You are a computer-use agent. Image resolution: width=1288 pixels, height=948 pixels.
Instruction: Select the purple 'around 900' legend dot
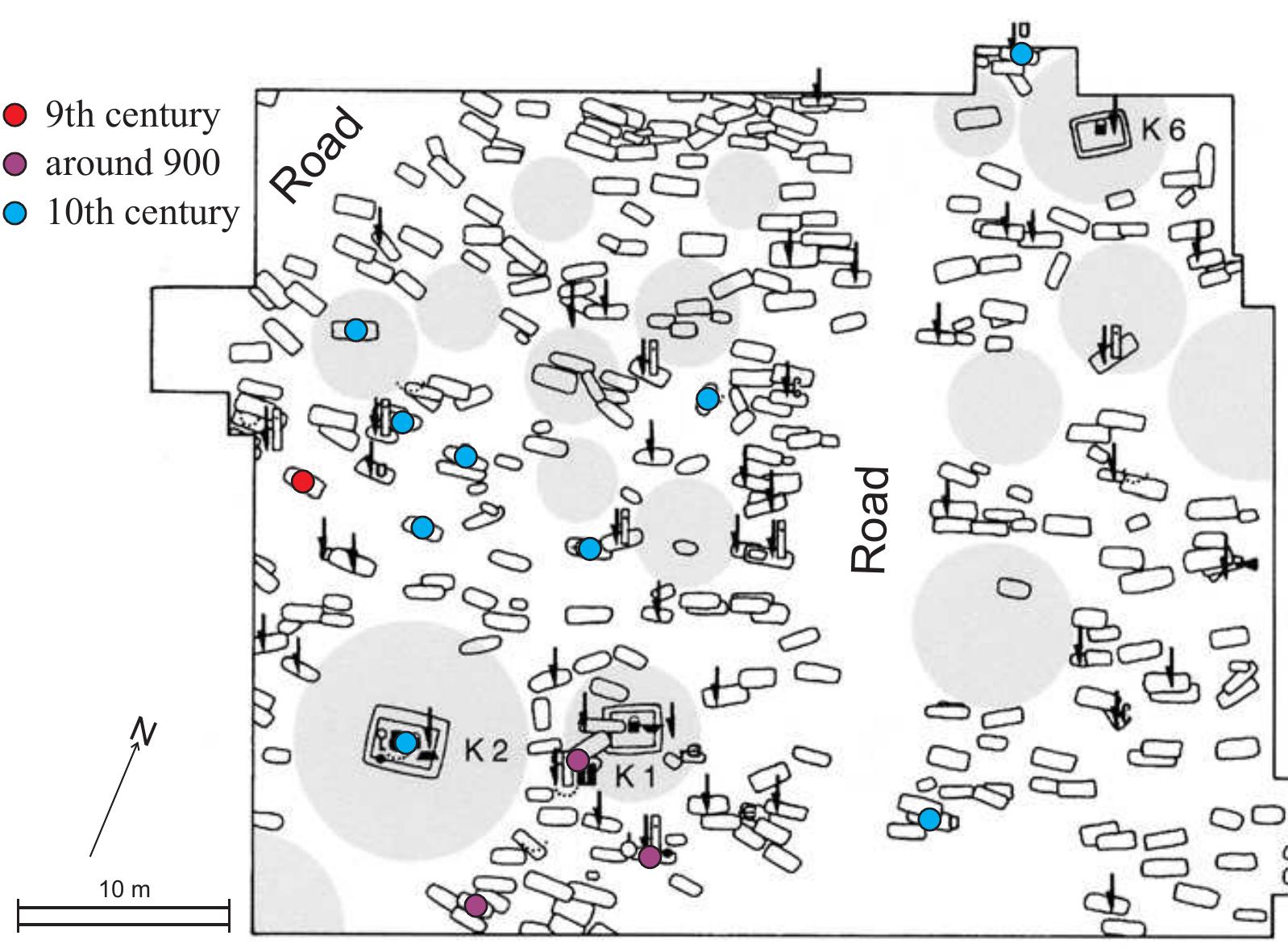point(15,164)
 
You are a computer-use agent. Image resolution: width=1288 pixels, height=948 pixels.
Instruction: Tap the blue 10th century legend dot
point(15,214)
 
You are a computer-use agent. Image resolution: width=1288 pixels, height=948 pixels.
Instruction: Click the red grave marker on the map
point(302,481)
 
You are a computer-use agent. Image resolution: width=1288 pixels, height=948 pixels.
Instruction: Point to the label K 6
point(1163,129)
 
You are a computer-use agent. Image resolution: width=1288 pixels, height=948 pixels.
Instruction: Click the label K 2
point(486,751)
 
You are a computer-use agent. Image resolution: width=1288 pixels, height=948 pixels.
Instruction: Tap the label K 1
point(636,777)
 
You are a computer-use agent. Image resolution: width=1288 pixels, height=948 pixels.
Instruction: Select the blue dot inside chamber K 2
point(406,742)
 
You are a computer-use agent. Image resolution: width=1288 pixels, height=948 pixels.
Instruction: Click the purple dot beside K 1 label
point(577,759)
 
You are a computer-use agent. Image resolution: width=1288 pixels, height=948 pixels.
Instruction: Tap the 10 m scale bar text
point(124,889)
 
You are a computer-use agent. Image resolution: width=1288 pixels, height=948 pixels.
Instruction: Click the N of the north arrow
point(146,732)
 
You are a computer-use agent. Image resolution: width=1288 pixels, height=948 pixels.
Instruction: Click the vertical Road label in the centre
point(870,520)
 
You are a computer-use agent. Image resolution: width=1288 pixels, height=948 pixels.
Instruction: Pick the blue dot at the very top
point(1021,54)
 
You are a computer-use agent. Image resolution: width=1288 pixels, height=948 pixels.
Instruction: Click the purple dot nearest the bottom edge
point(476,905)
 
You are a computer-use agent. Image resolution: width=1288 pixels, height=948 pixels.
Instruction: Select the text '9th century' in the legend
point(132,115)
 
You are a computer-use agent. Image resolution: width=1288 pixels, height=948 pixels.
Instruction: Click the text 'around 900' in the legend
point(132,164)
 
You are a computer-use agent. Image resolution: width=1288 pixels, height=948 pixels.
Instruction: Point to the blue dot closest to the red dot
point(402,422)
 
